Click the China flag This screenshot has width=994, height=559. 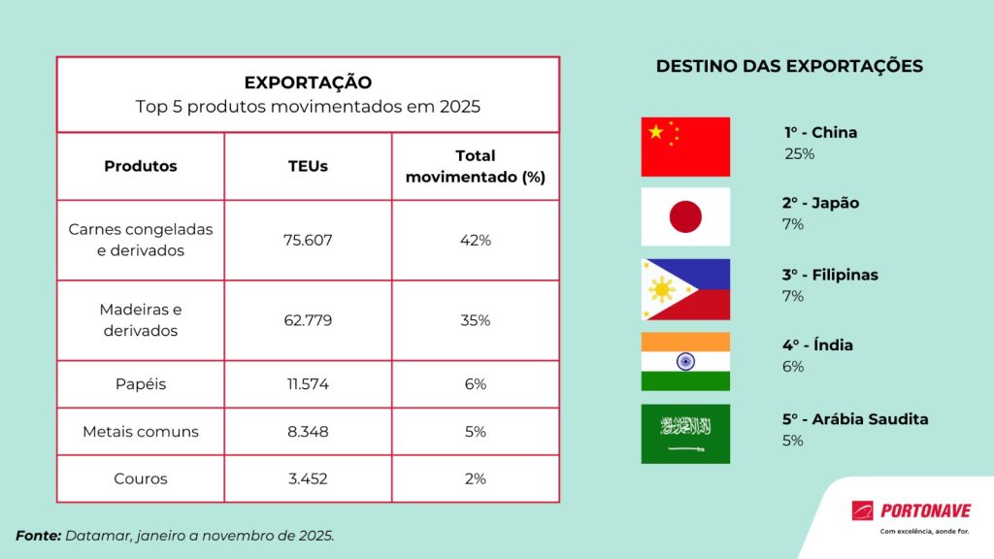[685, 147]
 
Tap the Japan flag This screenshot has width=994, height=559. [685, 216]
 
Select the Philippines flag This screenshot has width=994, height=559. [685, 289]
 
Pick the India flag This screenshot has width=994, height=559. [685, 361]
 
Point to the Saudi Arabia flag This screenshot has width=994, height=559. [685, 434]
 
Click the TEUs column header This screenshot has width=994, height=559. [308, 166]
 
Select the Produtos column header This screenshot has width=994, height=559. [141, 166]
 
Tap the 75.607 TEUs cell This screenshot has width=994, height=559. [308, 240]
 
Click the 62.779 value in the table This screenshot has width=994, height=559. [308, 320]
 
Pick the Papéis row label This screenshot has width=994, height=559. [141, 383]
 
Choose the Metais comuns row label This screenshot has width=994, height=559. [141, 431]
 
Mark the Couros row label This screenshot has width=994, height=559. [141, 478]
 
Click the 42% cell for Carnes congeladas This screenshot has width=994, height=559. [476, 240]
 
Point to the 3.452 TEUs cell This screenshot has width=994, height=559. [308, 478]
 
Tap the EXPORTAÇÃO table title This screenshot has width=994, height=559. [308, 82]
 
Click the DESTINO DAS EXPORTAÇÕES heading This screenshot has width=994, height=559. [789, 67]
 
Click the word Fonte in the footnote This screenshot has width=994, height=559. [38, 535]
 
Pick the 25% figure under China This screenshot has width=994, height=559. [799, 153]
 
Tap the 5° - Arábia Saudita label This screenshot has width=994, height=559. [855, 419]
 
